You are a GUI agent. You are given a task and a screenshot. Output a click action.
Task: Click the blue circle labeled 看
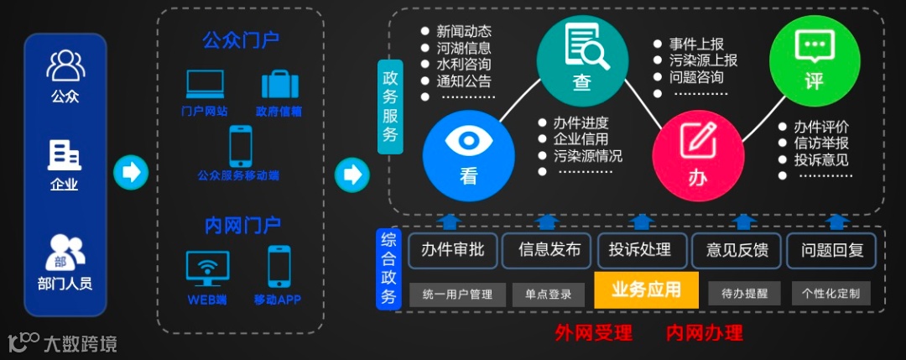467,152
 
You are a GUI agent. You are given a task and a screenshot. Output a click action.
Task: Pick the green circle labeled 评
812,60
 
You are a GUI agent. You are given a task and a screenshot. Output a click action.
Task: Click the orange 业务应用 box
646,290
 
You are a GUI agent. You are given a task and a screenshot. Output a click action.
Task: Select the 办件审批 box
453,249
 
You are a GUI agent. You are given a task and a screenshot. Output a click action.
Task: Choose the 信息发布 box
549,249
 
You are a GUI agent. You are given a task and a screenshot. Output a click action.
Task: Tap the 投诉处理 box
640,249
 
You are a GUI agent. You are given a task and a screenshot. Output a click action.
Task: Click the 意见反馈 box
737,249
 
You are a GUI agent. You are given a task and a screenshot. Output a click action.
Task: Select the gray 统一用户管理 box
458,293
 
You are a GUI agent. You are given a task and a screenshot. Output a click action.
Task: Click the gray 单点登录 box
549,293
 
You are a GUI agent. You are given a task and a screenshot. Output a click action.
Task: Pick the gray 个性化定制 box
830,293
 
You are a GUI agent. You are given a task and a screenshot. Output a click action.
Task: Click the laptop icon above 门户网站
205,84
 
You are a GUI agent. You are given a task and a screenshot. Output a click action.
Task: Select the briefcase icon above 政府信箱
280,84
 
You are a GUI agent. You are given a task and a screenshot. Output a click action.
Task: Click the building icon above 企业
65,155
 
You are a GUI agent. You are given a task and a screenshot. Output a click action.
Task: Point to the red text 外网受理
593,332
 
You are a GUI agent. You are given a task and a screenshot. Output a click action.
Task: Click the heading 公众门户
241,40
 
